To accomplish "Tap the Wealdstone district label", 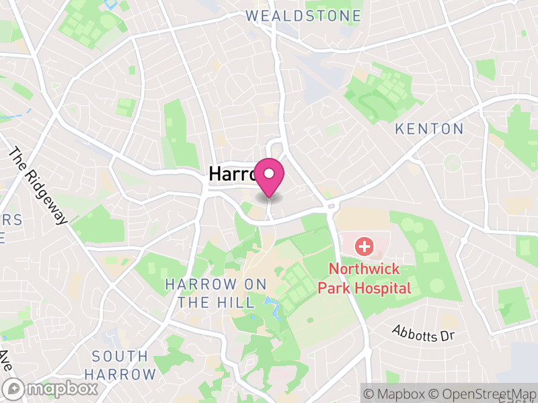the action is pyautogui.click(x=303, y=15).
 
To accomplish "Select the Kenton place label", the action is pyautogui.click(x=429, y=128).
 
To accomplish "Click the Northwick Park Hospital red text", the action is pyautogui.click(x=369, y=279).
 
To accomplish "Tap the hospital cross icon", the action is pyautogui.click(x=364, y=247).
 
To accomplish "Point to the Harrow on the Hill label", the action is pyautogui.click(x=210, y=294).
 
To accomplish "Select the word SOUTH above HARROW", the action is pyautogui.click(x=120, y=356).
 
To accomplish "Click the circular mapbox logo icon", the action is pyautogui.click(x=15, y=388).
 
